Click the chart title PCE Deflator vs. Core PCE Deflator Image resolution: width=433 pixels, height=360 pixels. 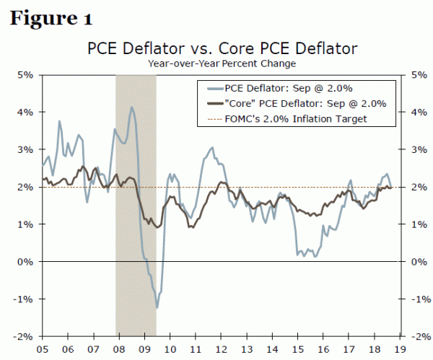(x=222, y=49)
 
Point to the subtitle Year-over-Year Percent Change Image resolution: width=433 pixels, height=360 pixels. (x=222, y=63)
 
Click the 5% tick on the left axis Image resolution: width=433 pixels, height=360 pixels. (x=25, y=74)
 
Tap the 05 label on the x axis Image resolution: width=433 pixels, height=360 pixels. (x=41, y=347)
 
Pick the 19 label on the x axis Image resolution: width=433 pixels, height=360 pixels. (x=403, y=347)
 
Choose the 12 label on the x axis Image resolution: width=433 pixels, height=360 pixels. (x=222, y=347)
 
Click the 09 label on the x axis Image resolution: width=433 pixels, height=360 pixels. (x=144, y=347)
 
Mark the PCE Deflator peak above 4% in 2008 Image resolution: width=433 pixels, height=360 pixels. (x=131, y=107)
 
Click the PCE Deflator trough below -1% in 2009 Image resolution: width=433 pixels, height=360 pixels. (x=157, y=308)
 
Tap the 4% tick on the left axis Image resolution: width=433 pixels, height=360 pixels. (x=25, y=112)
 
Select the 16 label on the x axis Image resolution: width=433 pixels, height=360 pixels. (x=325, y=347)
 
